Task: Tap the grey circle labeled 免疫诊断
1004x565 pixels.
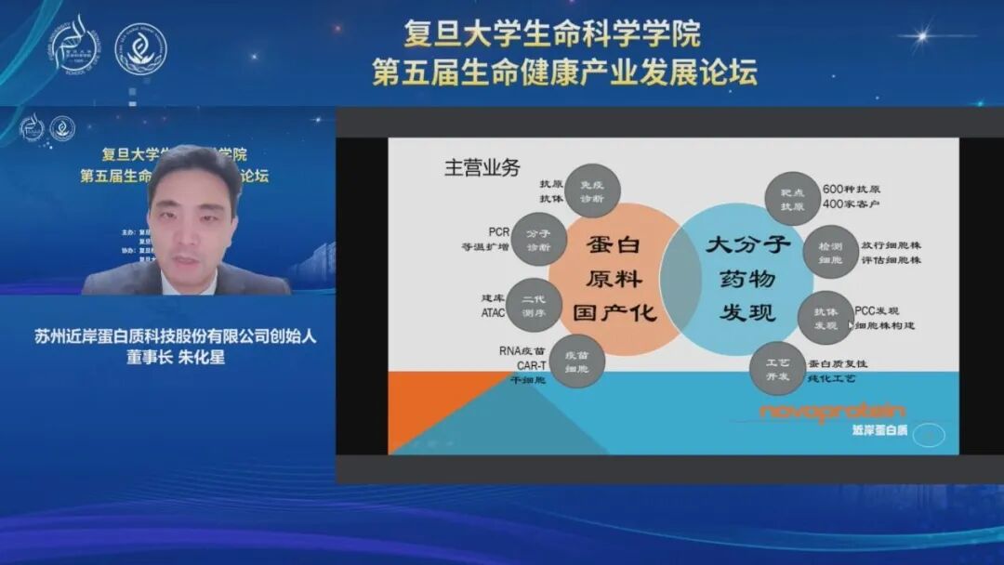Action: coord(591,191)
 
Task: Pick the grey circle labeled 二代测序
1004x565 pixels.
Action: coord(535,306)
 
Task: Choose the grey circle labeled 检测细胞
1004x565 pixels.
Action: coord(830,252)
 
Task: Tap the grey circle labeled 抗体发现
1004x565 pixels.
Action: coord(826,317)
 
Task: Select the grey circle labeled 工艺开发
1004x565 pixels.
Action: coord(777,368)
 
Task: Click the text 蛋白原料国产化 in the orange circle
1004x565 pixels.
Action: coord(615,279)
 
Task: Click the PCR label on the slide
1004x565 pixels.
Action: coord(498,232)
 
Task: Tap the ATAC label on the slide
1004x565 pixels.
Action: coord(494,313)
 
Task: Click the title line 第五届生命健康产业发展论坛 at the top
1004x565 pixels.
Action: coord(564,72)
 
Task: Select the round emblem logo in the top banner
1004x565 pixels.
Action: coord(140,48)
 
